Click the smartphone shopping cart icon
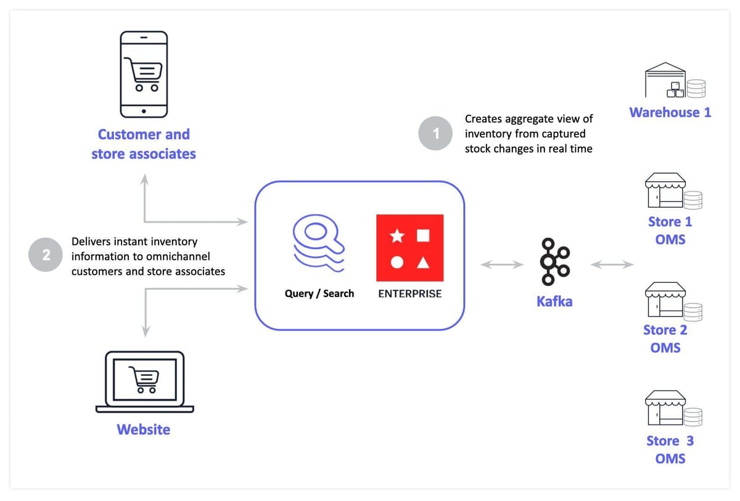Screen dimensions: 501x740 click(x=143, y=74)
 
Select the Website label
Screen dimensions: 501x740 click(x=144, y=430)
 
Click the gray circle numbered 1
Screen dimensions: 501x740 click(x=436, y=132)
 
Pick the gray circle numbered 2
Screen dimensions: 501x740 click(x=46, y=256)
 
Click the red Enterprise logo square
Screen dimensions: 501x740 click(x=410, y=248)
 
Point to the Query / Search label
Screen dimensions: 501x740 click(x=319, y=293)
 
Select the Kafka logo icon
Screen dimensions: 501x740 click(x=554, y=262)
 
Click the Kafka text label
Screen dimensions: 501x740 click(x=554, y=301)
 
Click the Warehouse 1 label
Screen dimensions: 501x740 click(x=670, y=113)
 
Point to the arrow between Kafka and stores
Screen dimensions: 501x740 click(x=612, y=265)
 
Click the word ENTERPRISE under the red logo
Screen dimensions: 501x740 click(x=410, y=294)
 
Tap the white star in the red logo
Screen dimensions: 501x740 click(x=397, y=235)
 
